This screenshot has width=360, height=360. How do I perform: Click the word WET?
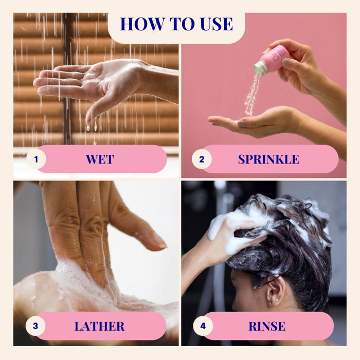(100, 159)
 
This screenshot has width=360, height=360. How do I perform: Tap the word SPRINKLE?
(268, 159)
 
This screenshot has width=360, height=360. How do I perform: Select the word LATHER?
(99, 326)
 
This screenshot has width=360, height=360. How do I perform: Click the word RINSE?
(267, 326)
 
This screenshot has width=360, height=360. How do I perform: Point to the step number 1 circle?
(36, 159)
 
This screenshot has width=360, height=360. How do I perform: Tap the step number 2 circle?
(202, 159)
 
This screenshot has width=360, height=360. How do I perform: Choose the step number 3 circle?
(35, 326)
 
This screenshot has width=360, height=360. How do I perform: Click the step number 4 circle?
(203, 326)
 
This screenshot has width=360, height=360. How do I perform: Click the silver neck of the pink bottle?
(261, 68)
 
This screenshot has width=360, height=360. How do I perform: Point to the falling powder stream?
(253, 95)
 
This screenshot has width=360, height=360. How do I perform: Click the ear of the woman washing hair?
(275, 292)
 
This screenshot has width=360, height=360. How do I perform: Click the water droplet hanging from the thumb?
(88, 128)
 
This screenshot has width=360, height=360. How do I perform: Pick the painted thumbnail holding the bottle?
(286, 62)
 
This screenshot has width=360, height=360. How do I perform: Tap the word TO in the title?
(183, 24)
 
